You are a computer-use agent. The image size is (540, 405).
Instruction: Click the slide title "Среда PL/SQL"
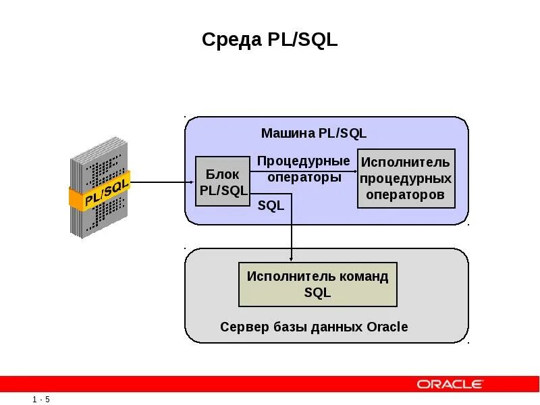[269, 40]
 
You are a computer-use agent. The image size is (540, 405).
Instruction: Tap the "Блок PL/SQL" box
[223, 182]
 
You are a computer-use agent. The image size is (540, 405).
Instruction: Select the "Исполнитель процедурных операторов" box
[406, 178]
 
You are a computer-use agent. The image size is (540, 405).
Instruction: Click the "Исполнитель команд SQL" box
[317, 284]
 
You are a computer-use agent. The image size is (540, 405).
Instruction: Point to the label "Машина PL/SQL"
[313, 134]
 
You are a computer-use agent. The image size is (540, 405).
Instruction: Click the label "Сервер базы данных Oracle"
[314, 327]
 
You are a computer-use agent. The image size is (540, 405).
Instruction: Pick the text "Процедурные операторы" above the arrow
[304, 169]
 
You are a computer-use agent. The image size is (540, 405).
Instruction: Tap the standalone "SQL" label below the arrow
[271, 206]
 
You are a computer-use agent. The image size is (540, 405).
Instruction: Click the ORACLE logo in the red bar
[450, 384]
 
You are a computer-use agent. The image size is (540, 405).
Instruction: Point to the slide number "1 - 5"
[40, 400]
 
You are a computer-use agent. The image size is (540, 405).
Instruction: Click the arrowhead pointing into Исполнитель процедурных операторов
[353, 182]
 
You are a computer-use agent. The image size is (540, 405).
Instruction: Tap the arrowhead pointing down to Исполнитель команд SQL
[292, 258]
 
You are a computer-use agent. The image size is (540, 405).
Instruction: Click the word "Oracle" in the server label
[387, 327]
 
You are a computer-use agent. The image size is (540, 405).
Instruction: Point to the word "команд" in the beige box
[364, 276]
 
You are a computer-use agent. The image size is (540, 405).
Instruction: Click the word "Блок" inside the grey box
[223, 175]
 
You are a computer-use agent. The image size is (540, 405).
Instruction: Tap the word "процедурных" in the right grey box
[406, 179]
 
